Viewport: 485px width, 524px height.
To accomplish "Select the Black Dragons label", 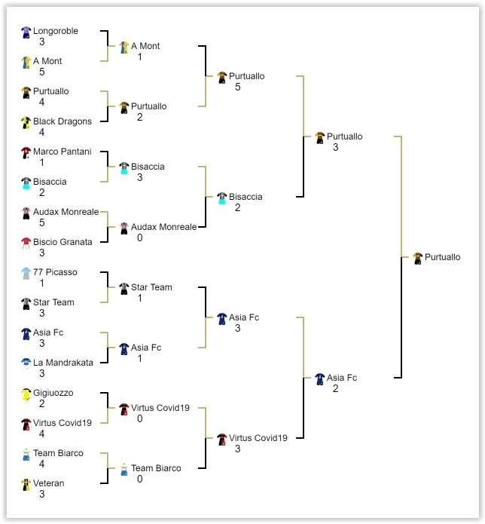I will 62,121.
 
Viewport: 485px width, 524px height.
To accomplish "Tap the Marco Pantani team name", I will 62,152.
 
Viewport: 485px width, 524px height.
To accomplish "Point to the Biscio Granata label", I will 63,242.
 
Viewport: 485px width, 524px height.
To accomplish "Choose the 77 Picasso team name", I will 55,272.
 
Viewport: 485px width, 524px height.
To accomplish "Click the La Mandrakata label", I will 63,363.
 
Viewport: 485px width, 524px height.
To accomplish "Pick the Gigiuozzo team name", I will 53,393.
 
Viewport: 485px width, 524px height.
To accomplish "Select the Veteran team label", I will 48,483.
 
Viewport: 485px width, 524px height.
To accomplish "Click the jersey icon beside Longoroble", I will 26,32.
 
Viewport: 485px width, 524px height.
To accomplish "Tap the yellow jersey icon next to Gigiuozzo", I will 26,394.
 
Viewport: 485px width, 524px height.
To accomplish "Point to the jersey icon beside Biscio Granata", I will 26,243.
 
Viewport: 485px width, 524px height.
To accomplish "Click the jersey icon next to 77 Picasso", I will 26,273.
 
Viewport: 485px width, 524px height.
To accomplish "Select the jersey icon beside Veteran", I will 26,484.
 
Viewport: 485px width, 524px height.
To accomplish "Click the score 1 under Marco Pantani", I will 42,162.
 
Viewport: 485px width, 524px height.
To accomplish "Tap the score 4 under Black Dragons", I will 42,132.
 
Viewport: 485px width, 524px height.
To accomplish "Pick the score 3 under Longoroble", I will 42,42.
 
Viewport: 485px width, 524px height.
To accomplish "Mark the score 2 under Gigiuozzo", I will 42,403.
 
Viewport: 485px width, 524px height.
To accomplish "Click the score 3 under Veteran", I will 42,494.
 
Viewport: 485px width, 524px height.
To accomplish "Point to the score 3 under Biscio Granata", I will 42,253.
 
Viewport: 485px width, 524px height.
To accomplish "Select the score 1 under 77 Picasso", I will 42,283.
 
